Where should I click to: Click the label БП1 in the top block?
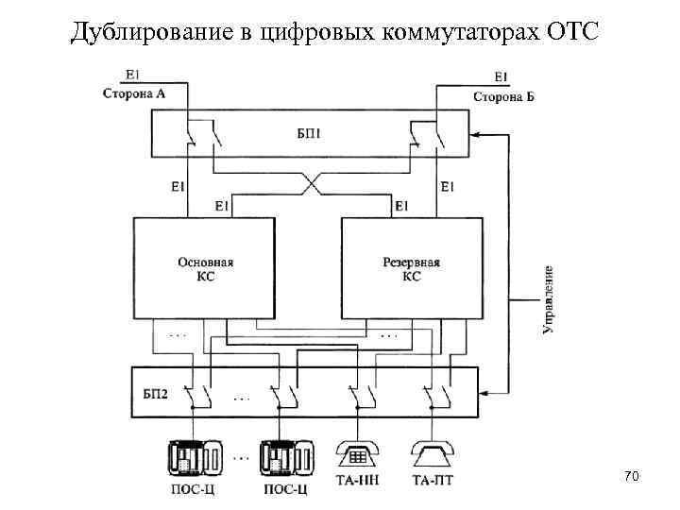pos(311,134)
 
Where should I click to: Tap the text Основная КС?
pos(205,270)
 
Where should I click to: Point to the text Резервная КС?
pos(411,270)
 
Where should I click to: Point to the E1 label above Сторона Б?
pos(501,76)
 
